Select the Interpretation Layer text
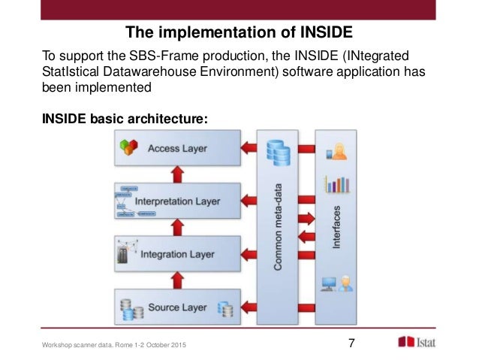click(177, 201)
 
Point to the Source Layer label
click(178, 308)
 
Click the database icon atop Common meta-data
click(278, 153)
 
